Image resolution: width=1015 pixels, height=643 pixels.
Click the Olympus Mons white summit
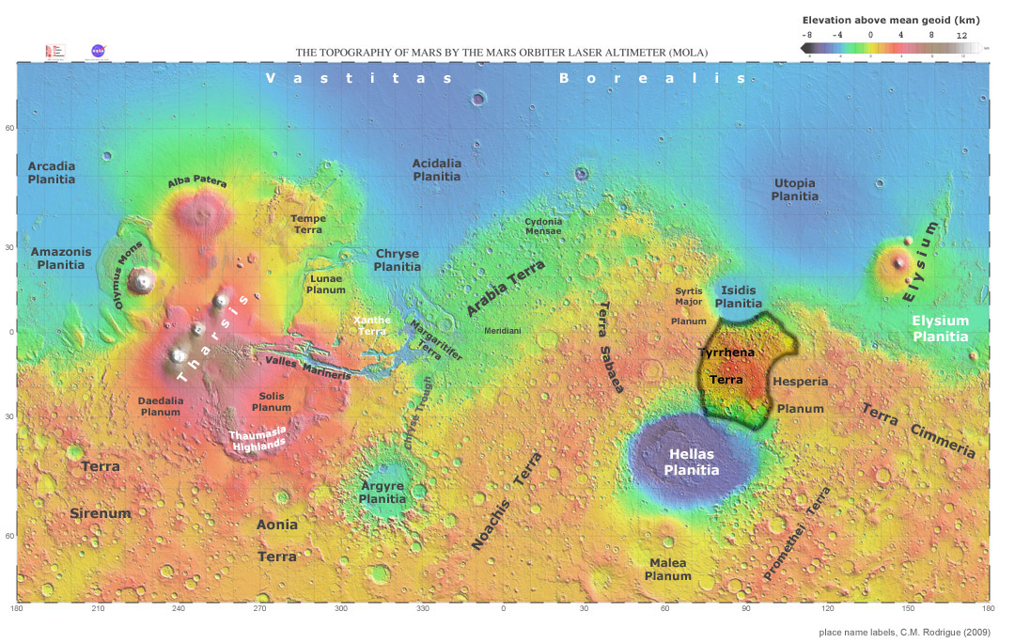(x=143, y=279)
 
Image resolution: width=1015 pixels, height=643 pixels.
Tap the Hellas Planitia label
(x=693, y=462)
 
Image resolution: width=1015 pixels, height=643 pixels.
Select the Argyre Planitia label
(x=383, y=493)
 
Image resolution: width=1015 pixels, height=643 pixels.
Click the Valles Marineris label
(x=308, y=367)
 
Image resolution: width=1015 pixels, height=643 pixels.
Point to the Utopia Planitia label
(x=794, y=189)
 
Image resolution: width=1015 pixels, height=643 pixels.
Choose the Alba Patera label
(x=197, y=182)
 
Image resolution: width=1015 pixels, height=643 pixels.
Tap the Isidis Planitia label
(x=739, y=297)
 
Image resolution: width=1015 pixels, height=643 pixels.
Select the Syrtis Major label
(x=689, y=296)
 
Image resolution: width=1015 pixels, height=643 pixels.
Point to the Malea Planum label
(x=668, y=569)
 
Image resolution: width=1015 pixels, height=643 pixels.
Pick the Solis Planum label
(x=272, y=401)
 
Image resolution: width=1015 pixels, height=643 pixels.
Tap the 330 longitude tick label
(x=422, y=609)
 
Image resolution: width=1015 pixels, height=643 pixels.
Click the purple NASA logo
(x=98, y=51)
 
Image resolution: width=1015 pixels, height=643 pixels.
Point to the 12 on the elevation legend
(x=961, y=34)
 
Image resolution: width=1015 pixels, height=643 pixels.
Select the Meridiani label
(x=503, y=331)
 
